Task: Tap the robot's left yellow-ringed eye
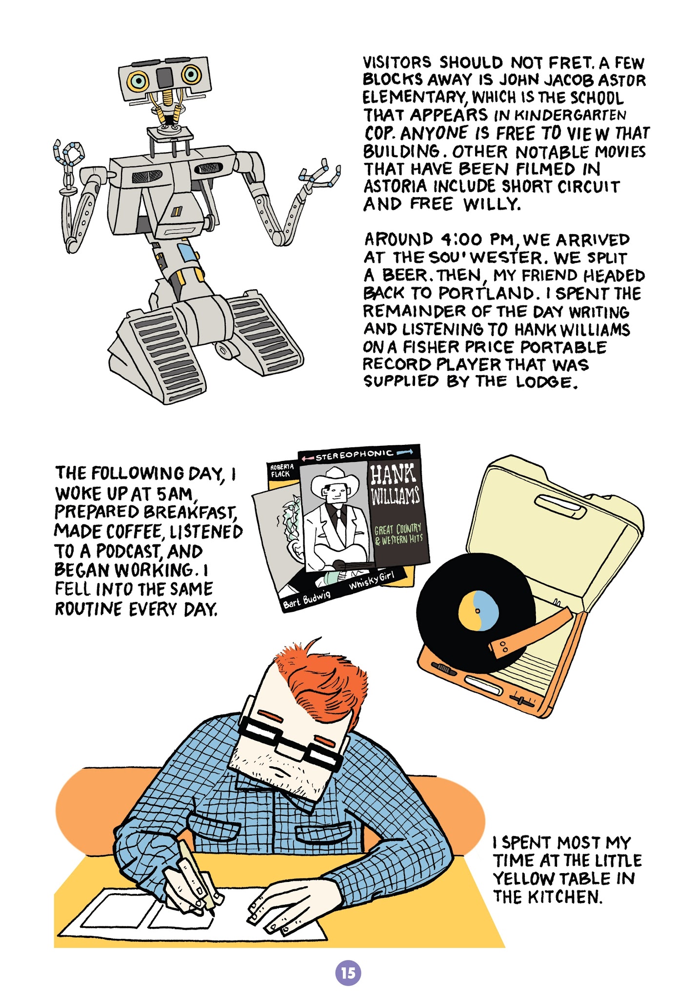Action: [x=139, y=80]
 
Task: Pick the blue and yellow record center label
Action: [x=478, y=610]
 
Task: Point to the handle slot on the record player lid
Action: [x=561, y=507]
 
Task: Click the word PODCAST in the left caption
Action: [x=128, y=551]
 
